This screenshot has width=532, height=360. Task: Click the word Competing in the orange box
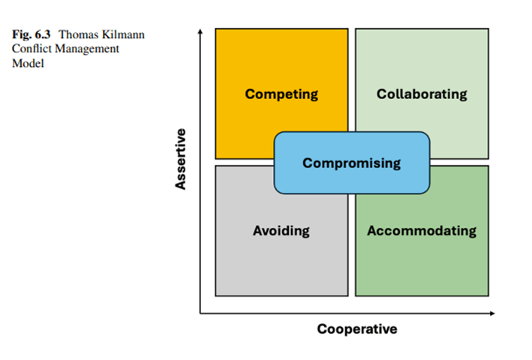(x=281, y=94)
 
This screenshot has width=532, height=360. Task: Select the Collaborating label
(x=422, y=94)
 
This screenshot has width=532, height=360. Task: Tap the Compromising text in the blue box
(x=351, y=163)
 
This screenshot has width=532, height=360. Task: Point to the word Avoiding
(x=281, y=230)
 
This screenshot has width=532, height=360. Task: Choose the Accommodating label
(x=422, y=230)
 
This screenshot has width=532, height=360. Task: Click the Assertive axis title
(x=181, y=159)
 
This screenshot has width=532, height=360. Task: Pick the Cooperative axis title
(x=356, y=329)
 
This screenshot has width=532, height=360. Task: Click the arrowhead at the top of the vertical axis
(x=200, y=31)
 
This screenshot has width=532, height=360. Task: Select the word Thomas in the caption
(x=78, y=34)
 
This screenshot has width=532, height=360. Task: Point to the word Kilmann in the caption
(x=123, y=34)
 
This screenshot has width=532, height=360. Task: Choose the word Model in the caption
(x=28, y=63)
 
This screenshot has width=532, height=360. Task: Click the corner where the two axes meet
(x=200, y=313)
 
